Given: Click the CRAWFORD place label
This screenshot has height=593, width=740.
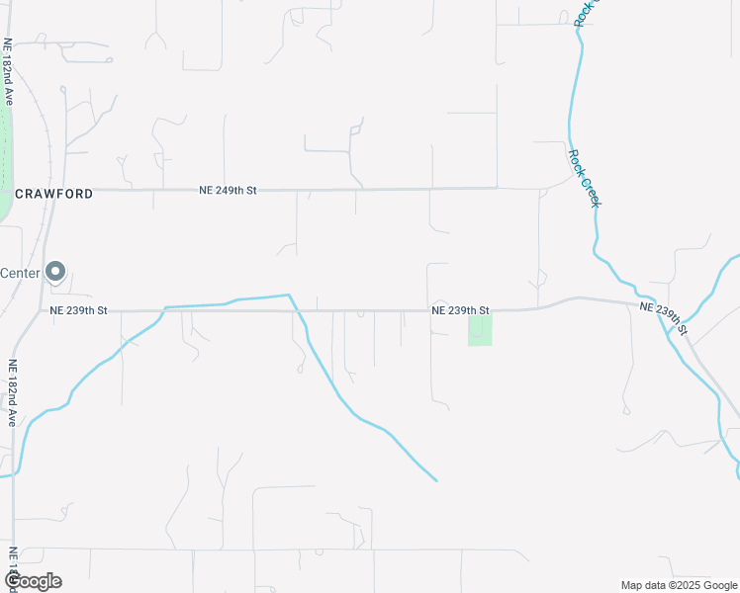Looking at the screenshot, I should pyautogui.click(x=53, y=194).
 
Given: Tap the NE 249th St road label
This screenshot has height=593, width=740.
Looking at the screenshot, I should pyautogui.click(x=228, y=189).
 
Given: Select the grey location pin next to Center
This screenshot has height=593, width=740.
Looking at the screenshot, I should pyautogui.click(x=56, y=271).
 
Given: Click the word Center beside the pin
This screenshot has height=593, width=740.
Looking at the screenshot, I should pyautogui.click(x=20, y=273).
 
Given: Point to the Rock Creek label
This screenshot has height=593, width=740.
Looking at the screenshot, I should pyautogui.click(x=585, y=178).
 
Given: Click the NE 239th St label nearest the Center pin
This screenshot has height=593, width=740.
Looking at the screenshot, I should pyautogui.click(x=78, y=310).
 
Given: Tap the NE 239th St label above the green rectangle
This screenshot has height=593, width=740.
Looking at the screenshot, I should pyautogui.click(x=460, y=310).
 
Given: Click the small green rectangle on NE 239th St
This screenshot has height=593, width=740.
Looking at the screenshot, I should pyautogui.click(x=480, y=330).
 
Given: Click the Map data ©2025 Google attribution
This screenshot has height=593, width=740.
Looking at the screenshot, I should pyautogui.click(x=679, y=585).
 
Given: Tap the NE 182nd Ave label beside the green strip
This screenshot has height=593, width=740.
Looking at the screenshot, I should pyautogui.click(x=8, y=72).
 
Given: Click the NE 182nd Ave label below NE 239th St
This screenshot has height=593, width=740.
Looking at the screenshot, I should pyautogui.click(x=13, y=392).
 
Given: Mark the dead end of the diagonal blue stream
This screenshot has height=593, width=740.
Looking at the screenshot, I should pyautogui.click(x=436, y=481).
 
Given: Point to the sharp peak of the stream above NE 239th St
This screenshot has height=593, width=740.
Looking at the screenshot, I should pyautogui.click(x=289, y=295).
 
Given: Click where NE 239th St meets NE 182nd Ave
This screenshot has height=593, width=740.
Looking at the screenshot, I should pyautogui.click(x=38, y=310).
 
